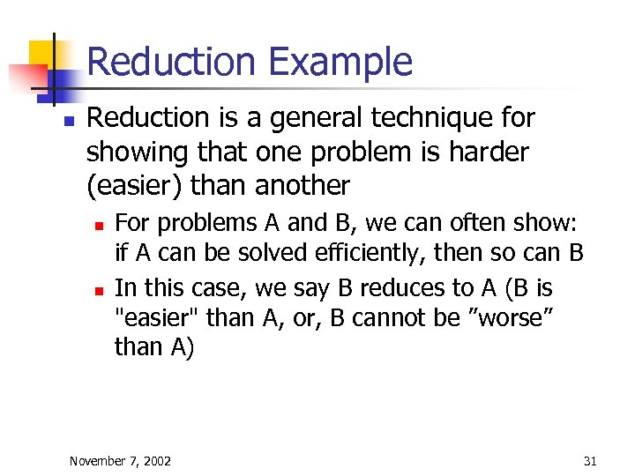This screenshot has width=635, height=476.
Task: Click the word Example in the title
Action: point(340,63)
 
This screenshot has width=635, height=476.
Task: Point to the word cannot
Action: point(381,317)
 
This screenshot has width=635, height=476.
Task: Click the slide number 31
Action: point(590,461)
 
